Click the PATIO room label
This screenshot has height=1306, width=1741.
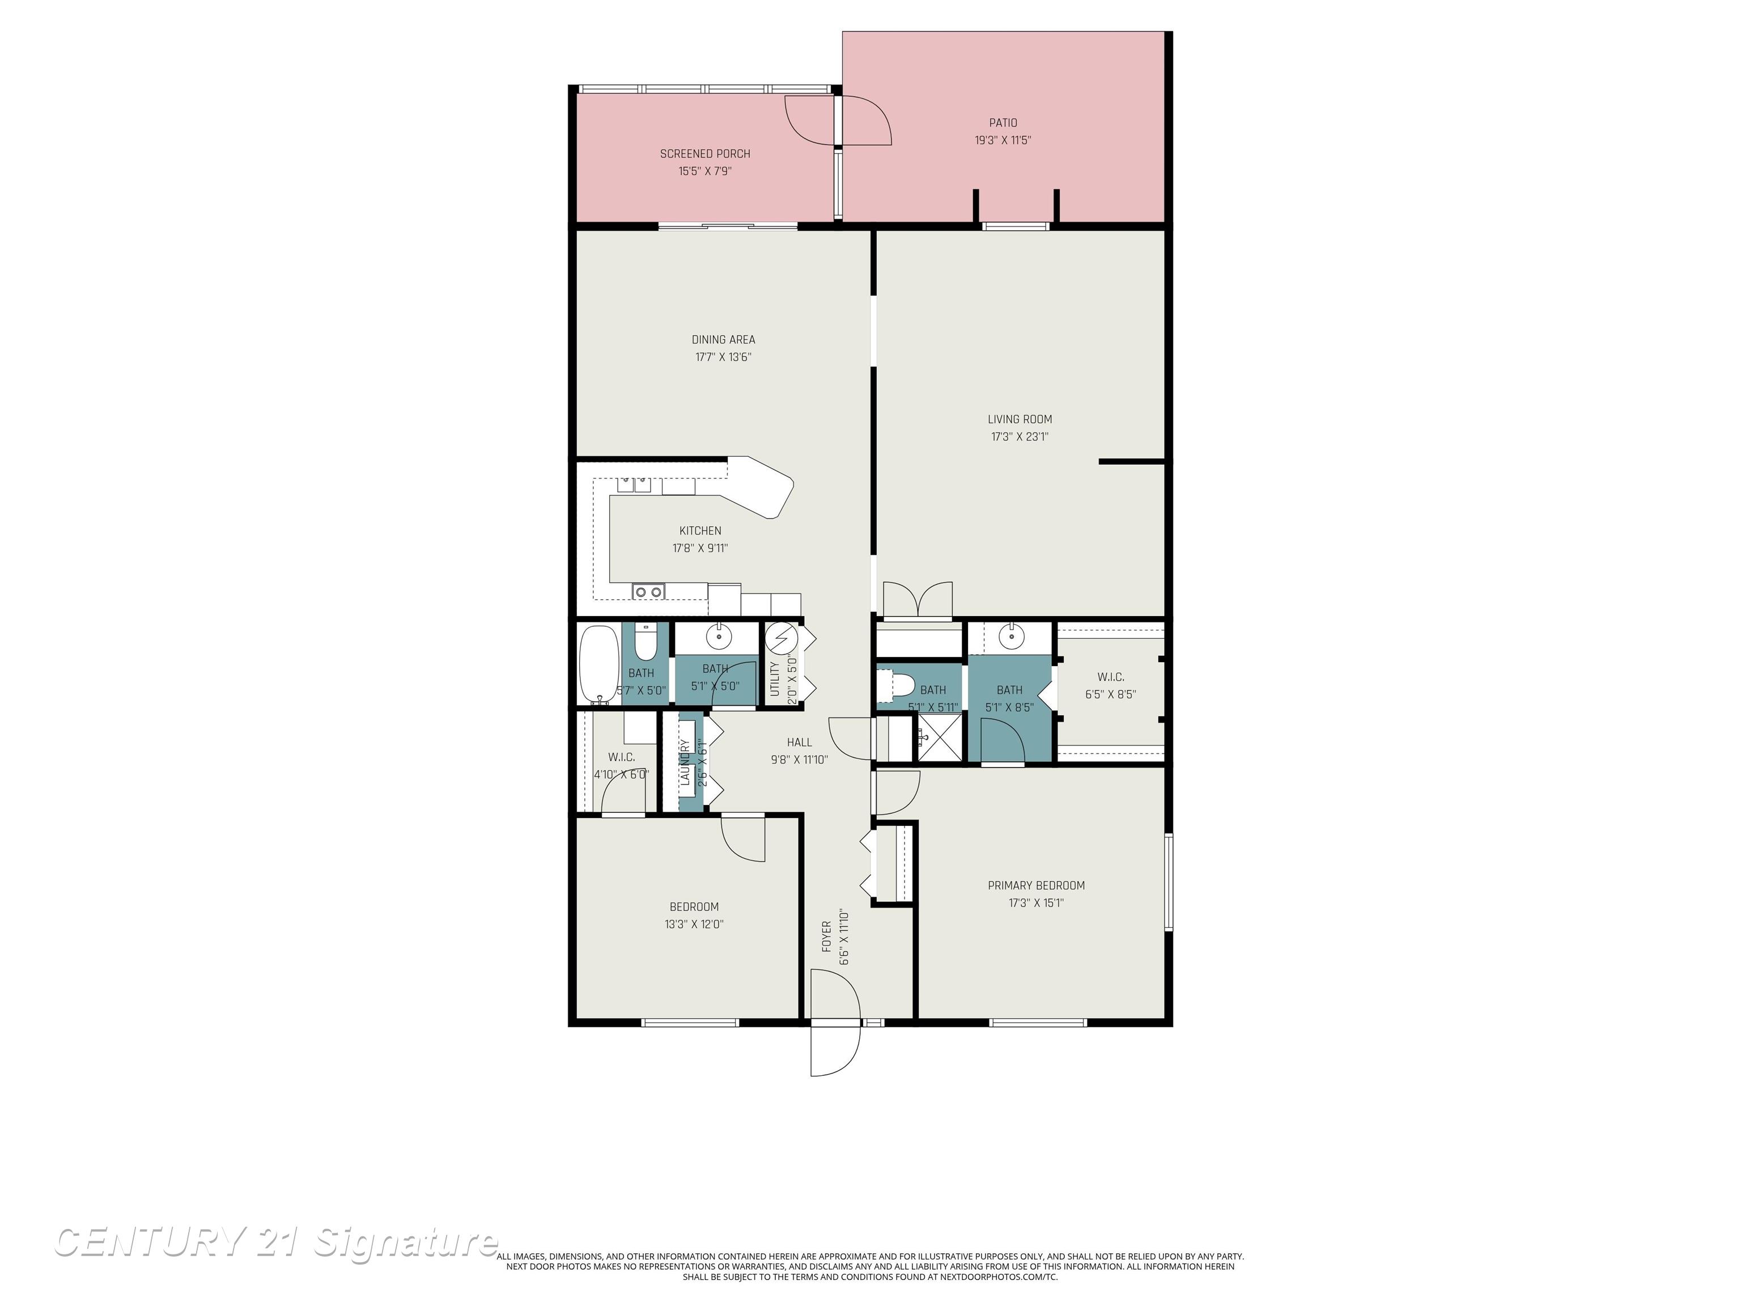(1003, 123)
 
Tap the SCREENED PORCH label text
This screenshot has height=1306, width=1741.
(704, 154)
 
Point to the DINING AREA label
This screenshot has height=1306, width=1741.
(723, 340)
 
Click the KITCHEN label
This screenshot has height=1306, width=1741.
(700, 531)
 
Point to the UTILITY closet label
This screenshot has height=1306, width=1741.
(774, 679)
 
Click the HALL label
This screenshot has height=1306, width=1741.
(799, 743)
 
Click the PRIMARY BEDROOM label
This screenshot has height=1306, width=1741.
(1036, 885)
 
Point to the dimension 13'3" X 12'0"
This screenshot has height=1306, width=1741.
(694, 924)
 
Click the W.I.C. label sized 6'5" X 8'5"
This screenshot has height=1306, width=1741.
(1110, 677)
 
